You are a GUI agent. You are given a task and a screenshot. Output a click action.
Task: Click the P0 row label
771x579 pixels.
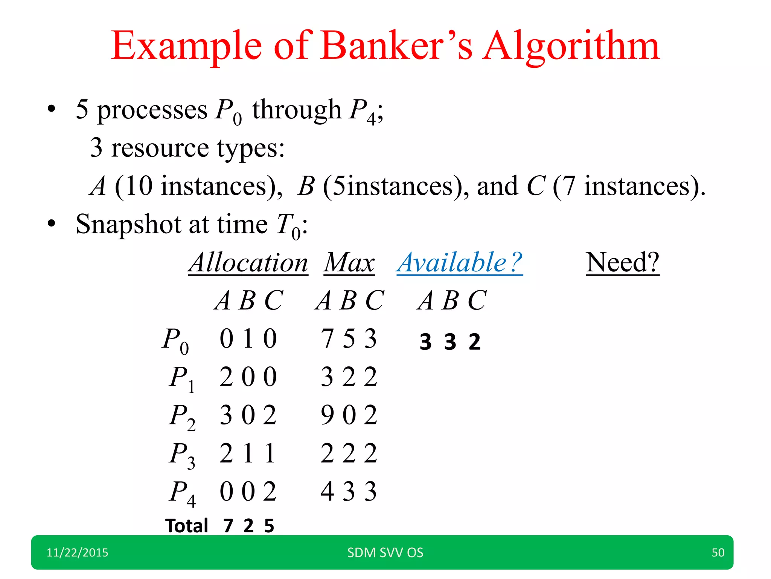coord(175,340)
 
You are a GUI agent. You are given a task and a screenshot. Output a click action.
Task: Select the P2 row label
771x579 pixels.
coord(182,416)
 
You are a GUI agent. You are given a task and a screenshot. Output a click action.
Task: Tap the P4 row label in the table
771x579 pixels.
coord(182,493)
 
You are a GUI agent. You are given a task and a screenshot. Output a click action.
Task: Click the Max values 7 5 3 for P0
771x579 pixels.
coord(349,339)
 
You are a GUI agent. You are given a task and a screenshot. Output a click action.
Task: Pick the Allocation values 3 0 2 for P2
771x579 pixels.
coord(248,415)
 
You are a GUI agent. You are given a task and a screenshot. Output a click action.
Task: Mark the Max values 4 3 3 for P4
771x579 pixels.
coord(349,492)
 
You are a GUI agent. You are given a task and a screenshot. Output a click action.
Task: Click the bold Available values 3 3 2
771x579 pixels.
coord(450,342)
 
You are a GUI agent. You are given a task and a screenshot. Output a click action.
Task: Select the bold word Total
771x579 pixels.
coord(187,526)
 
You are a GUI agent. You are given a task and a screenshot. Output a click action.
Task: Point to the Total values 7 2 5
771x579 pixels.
coord(248,526)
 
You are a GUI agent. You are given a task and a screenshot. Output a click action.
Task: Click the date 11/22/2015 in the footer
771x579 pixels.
coord(77,553)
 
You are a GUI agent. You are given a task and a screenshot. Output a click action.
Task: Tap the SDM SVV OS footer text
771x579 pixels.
coord(385,553)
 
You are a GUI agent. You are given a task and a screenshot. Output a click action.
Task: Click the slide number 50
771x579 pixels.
coord(718,553)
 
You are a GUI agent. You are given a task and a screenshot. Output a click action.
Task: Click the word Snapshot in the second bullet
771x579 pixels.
coord(128,224)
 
